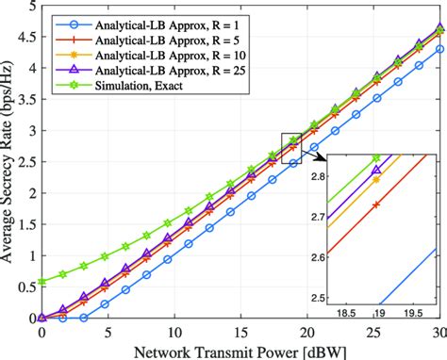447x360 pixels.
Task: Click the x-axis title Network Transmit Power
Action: (240, 350)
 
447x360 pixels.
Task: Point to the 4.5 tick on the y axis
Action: (25, 38)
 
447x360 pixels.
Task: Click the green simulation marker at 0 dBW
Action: (41, 282)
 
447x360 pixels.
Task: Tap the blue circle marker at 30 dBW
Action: (438, 49)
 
